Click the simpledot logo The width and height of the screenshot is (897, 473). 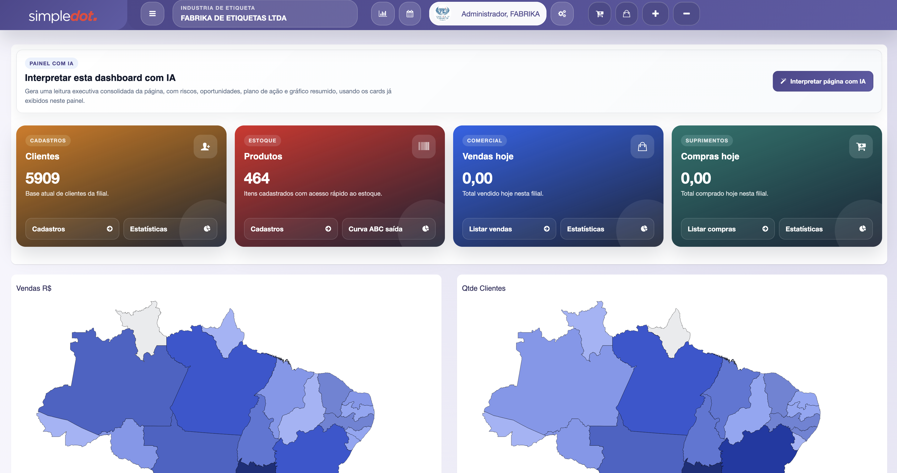63,16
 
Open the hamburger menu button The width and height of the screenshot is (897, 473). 152,14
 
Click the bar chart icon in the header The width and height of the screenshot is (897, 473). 382,14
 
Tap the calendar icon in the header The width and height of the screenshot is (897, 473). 410,14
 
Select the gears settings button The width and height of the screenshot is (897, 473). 562,14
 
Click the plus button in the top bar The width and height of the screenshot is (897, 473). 655,14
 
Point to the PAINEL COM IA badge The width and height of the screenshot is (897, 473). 51,63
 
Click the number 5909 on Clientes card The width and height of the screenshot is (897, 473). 42,178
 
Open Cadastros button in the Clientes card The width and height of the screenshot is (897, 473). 72,229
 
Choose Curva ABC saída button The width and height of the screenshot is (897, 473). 388,229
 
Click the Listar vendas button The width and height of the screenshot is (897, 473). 509,229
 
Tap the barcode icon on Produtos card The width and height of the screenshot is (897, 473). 424,147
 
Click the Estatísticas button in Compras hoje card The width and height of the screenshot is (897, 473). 825,229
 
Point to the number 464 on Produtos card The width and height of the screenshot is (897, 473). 257,178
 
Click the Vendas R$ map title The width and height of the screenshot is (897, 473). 34,288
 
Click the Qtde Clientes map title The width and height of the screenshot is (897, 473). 483,288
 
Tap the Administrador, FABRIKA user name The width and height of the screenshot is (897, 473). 500,14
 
